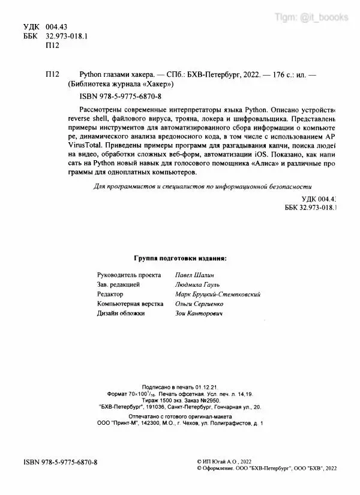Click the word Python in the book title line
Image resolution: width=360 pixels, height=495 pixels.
pos(92,74)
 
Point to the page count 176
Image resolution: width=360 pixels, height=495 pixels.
pos(284,74)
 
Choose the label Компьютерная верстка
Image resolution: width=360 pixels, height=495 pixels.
pos(130,305)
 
